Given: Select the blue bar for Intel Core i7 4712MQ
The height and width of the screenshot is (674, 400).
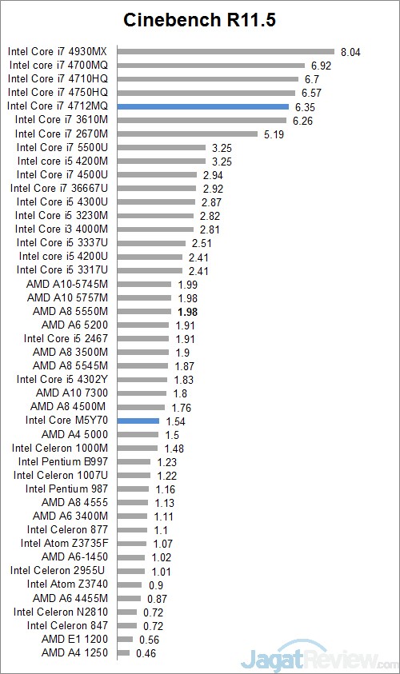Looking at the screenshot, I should click(x=202, y=106).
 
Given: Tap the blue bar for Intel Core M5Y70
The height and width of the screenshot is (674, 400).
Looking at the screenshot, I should click(x=138, y=420).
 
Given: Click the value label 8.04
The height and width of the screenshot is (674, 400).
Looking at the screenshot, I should click(x=351, y=52).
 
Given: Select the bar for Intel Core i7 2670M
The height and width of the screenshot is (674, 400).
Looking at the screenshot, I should click(x=187, y=134).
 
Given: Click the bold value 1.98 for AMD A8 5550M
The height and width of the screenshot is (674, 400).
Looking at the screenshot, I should click(x=188, y=311).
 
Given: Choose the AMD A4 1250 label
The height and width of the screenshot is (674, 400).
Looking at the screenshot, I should click(x=74, y=653).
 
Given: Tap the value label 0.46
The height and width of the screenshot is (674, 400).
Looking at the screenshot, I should click(x=146, y=653).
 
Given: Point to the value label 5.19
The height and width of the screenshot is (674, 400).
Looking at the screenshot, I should click(x=274, y=134).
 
